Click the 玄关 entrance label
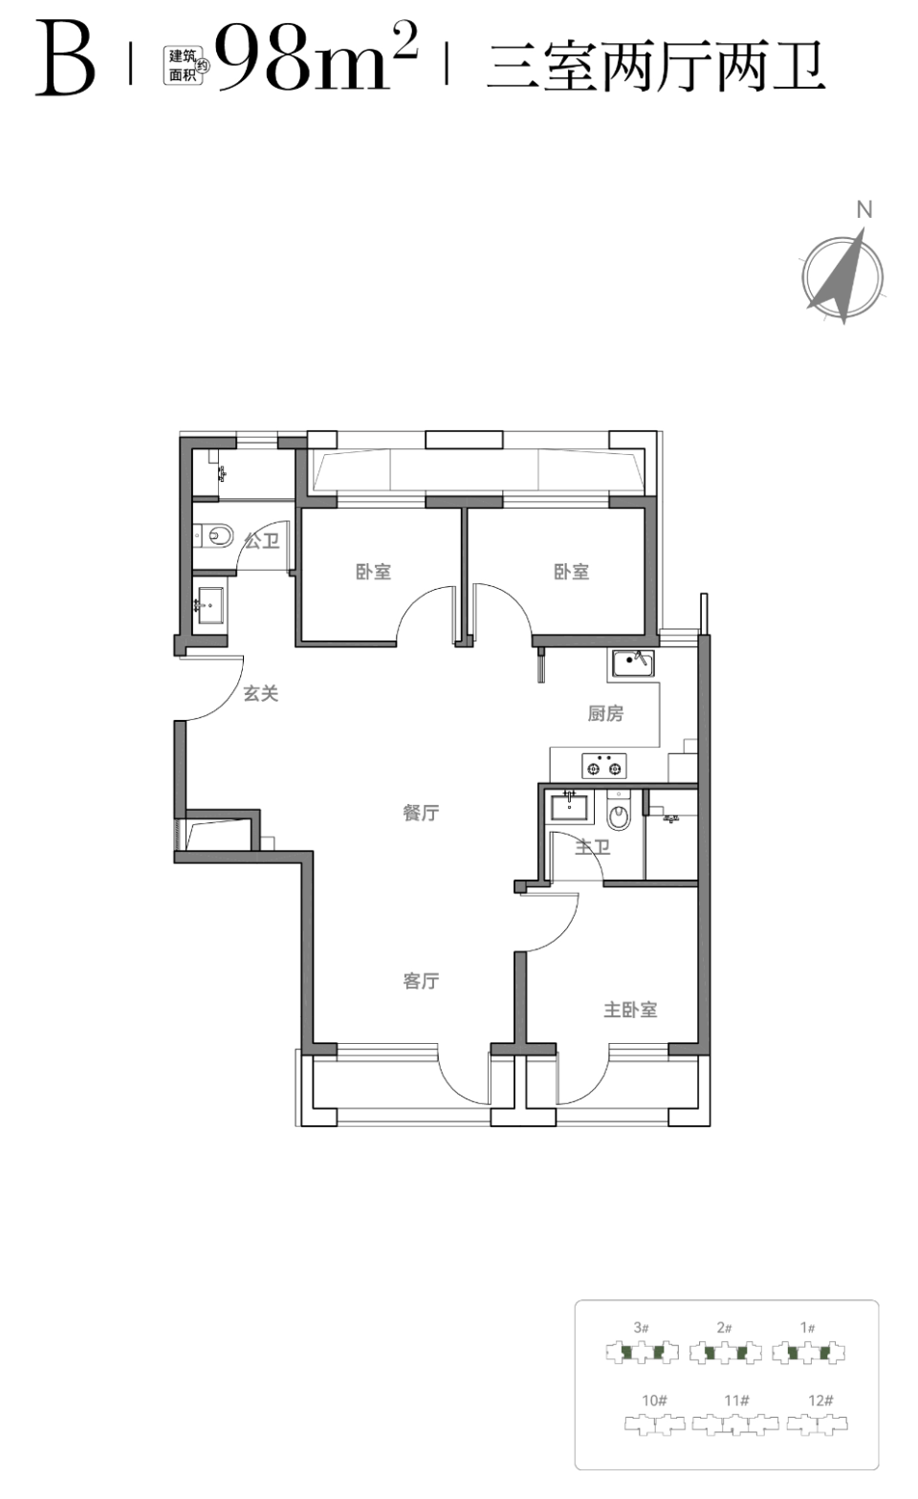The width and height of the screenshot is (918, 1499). (260, 693)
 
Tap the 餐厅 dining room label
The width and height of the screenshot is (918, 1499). (421, 813)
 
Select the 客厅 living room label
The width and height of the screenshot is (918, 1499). (421, 981)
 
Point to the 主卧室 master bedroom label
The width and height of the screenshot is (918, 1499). (630, 1010)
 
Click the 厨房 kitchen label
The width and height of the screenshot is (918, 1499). (606, 714)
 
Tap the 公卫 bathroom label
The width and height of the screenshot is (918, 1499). (262, 540)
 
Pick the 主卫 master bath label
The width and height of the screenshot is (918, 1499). (593, 847)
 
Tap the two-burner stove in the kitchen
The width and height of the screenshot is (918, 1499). (604, 767)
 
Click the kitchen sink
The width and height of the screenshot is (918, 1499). (631, 663)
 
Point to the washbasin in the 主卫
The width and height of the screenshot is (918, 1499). (570, 806)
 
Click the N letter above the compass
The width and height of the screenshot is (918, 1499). (864, 210)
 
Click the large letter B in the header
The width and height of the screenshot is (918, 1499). (65, 59)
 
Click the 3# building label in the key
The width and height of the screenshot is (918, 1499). (641, 1327)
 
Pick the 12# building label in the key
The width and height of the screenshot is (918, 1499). (820, 1400)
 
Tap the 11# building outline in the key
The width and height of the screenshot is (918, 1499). (735, 1424)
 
